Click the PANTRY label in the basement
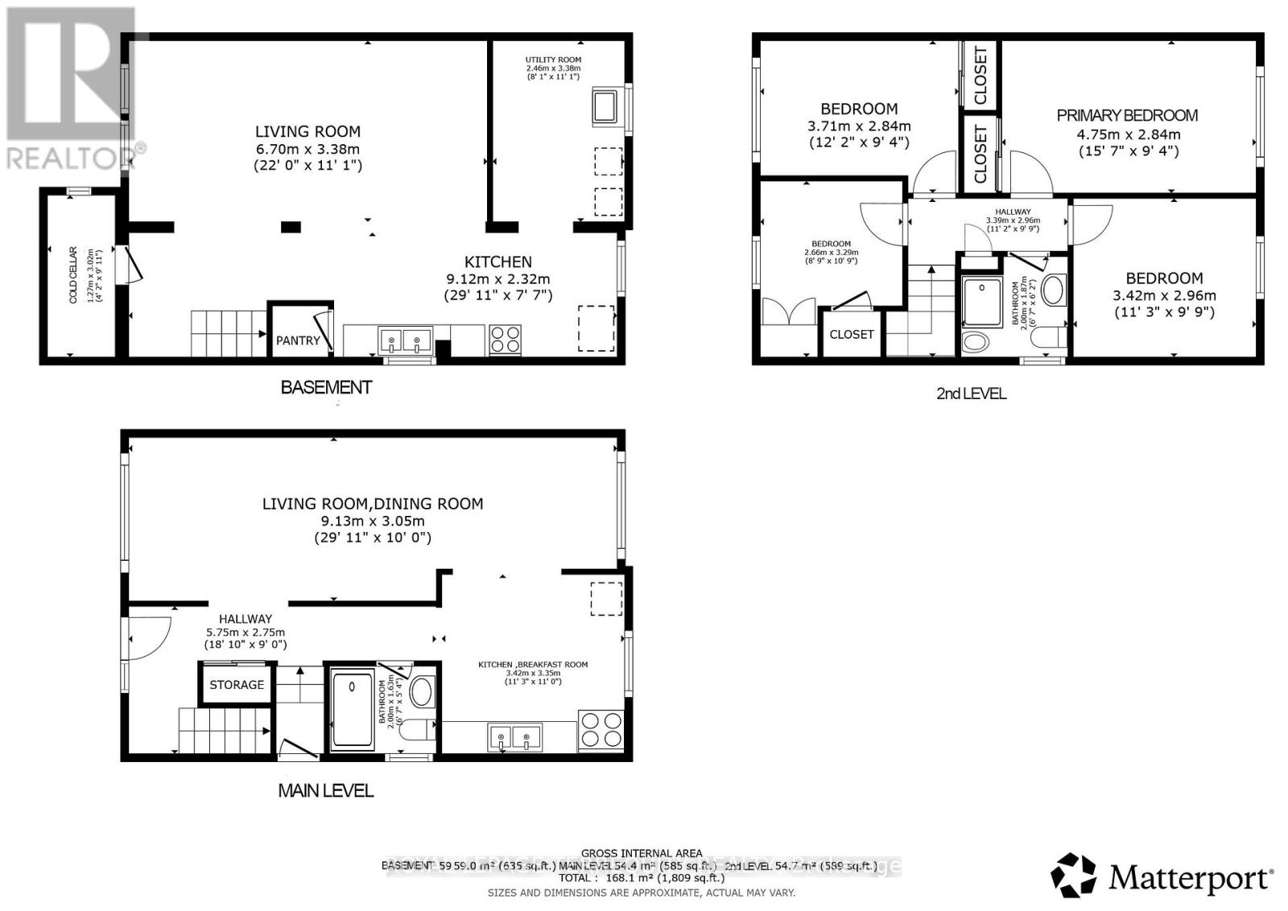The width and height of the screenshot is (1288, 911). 298,340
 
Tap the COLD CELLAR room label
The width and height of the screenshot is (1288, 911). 83,274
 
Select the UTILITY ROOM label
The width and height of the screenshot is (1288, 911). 553,60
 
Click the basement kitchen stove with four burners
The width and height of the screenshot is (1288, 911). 506,339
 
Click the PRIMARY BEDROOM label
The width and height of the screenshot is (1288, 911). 1127,115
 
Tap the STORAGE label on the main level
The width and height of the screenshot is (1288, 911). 237,685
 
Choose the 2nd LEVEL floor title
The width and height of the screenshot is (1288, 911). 971,394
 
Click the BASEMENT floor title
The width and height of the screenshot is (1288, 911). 326,387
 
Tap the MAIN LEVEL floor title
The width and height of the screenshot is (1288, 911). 326,791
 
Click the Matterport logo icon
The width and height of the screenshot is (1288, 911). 1074,875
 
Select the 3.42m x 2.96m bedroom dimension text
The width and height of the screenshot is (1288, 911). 1163,295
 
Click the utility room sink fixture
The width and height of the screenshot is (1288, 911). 605,107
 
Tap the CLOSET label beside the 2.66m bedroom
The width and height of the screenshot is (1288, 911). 852,334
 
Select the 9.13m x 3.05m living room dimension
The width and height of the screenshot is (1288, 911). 372,521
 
